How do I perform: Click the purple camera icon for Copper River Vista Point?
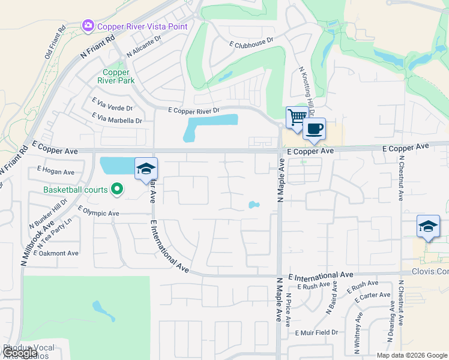[88, 26]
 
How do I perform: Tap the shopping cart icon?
[296, 117]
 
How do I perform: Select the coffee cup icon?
[314, 128]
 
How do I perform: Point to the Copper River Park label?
[116, 76]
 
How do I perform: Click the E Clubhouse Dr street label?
[251, 43]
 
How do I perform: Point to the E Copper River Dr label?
[194, 110]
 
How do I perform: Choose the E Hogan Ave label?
[55, 172]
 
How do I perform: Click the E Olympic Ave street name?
[98, 212]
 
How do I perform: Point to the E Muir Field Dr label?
[316, 332]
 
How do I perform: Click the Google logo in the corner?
[20, 353]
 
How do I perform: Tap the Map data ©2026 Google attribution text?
[412, 355]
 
